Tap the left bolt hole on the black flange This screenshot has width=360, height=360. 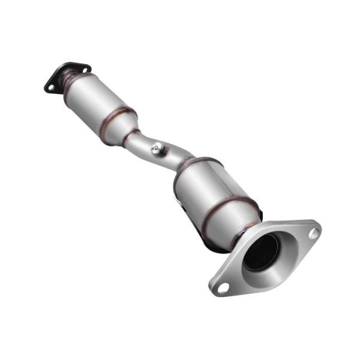tap(51, 88)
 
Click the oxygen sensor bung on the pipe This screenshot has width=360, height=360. tap(157, 149)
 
